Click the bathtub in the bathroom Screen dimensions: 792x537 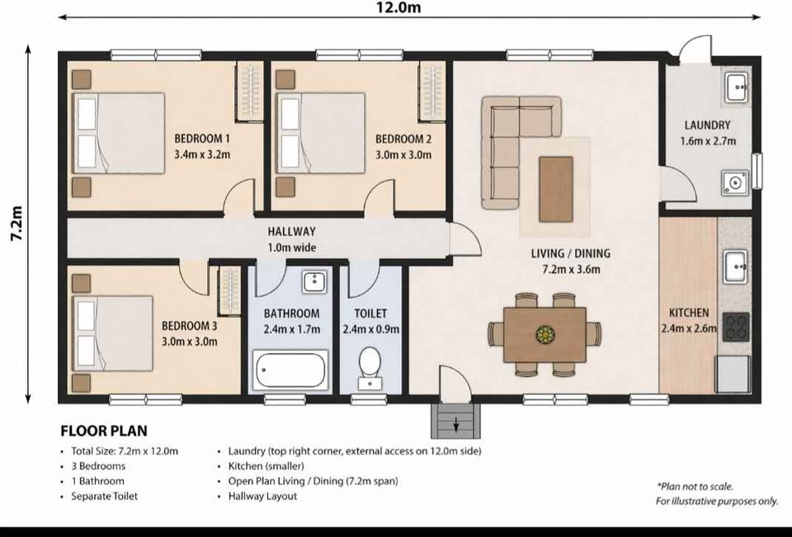point(290,370)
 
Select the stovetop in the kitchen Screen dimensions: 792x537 point(736,327)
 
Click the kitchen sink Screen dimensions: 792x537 point(735,266)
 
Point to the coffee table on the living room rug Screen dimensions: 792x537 point(555,189)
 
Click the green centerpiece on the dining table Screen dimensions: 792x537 point(545,334)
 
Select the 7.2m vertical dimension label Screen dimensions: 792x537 point(16,224)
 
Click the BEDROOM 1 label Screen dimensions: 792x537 point(202,139)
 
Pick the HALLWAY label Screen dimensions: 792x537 point(291,232)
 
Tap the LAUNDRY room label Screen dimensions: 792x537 point(707,125)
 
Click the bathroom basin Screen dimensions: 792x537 point(314,281)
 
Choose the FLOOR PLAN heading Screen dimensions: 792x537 point(104,431)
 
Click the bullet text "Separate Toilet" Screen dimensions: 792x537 point(104,496)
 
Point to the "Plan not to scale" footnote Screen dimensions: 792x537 point(695,487)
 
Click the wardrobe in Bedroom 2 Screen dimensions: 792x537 point(431,92)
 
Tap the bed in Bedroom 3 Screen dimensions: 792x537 point(113,333)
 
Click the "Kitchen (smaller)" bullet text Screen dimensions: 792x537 point(266,466)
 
